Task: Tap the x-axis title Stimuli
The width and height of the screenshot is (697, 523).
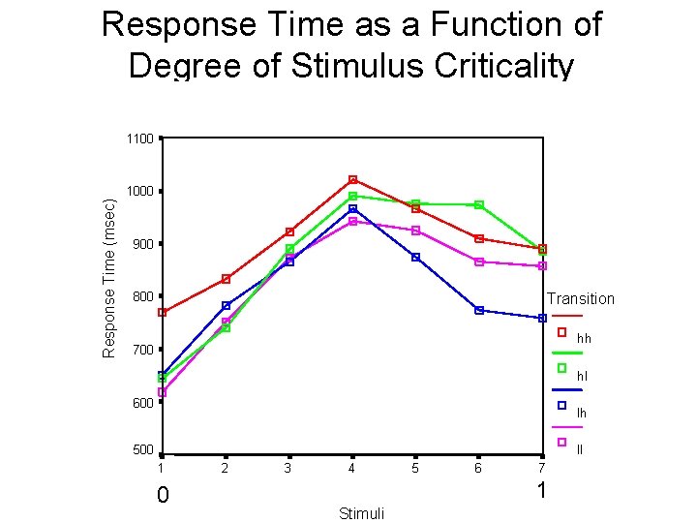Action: (361, 512)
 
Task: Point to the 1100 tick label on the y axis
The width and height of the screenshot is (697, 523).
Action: (139, 138)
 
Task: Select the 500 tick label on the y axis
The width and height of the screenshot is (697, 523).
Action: (142, 450)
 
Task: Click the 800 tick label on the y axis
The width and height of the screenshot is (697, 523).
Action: (142, 296)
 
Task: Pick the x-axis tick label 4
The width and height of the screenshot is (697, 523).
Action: (351, 469)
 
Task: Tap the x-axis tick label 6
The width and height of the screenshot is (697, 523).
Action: (478, 469)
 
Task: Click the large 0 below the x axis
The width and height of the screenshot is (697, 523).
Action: (164, 496)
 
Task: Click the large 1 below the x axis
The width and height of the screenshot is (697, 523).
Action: (542, 491)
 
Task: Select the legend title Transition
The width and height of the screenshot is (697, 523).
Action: (581, 298)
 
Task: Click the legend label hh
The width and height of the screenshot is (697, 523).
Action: (584, 339)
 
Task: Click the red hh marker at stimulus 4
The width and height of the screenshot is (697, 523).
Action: (352, 180)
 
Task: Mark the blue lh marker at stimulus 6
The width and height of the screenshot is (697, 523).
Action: (479, 310)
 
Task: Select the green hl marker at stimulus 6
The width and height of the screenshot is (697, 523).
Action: (479, 205)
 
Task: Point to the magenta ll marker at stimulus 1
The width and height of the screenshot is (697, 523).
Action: (163, 392)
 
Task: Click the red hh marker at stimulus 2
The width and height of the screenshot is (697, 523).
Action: (226, 279)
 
